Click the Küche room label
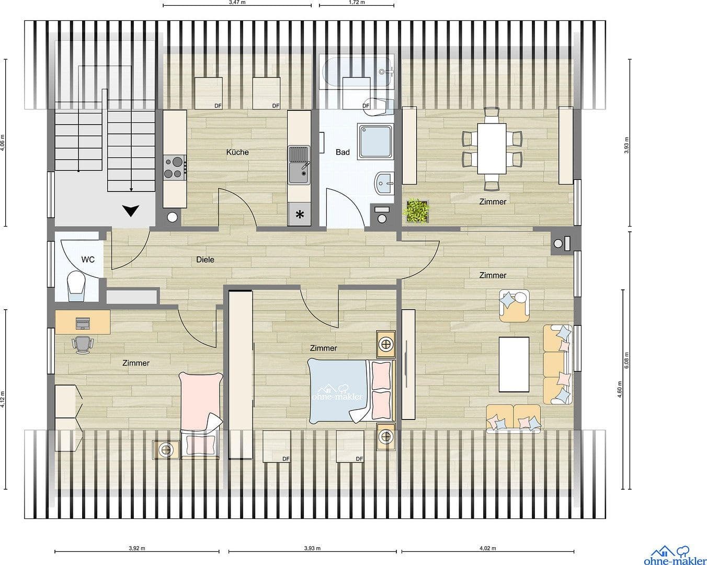click(x=237, y=152)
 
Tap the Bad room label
click(x=343, y=152)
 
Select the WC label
click(x=88, y=259)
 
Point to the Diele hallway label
click(x=205, y=259)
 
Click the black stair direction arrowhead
click(x=131, y=211)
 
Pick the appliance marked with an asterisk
click(x=300, y=214)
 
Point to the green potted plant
click(x=417, y=211)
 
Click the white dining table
click(x=492, y=148)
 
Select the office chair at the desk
click(x=82, y=343)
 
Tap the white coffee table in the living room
click(x=514, y=364)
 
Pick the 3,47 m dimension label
click(x=237, y=2)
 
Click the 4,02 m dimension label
click(x=487, y=549)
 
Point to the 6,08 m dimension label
click(x=626, y=361)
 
